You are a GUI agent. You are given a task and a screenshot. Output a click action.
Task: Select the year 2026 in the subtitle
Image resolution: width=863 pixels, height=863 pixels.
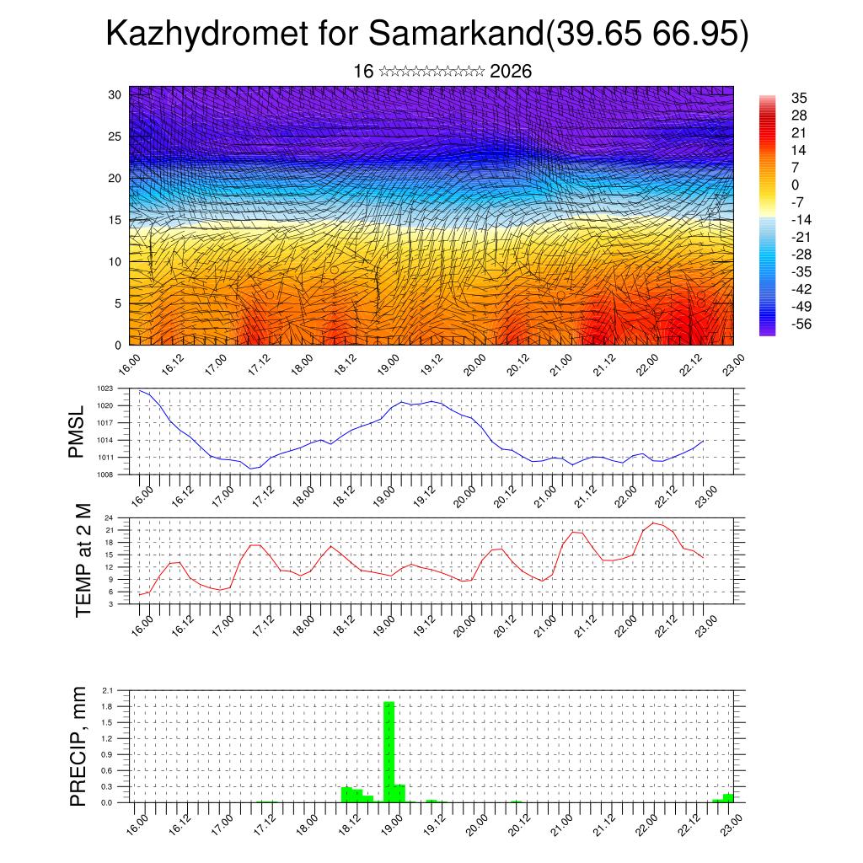coord(510,72)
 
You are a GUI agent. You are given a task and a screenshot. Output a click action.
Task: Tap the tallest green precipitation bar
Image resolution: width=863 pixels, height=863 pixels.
coord(389,751)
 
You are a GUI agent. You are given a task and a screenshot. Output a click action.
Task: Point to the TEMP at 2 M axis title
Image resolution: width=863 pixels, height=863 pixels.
coord(83,560)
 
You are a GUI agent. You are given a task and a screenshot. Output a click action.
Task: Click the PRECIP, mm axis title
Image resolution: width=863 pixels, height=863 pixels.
coord(78,746)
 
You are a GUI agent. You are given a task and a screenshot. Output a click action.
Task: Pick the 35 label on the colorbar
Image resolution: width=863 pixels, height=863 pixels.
coord(799,98)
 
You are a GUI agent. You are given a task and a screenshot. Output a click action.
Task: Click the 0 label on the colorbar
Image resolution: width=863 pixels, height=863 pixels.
coord(796,185)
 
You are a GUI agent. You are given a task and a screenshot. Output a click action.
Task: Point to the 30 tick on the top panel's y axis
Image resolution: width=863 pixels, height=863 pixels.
coord(115,94)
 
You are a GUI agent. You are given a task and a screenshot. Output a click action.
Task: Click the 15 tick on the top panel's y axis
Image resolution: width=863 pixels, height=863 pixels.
coord(115,220)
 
